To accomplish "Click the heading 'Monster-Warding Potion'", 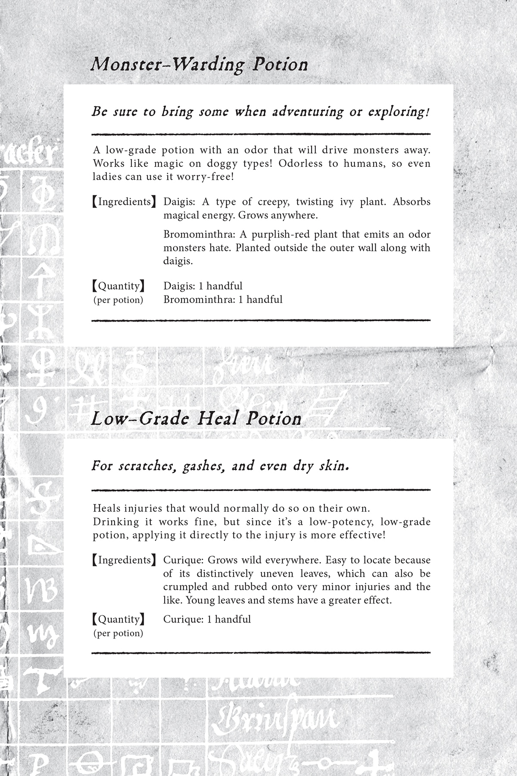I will click(199, 65).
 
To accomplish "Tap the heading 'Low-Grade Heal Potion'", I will click(196, 419).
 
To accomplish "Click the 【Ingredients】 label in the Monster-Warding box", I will click(124, 202).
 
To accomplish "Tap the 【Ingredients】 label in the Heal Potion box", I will click(124, 560).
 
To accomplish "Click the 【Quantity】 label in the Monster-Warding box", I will click(118, 286).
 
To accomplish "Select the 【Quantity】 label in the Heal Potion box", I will click(118, 619).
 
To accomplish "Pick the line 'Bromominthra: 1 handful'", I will click(223, 299).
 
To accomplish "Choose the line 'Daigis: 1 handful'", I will click(203, 286).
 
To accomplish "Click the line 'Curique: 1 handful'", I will click(207, 619).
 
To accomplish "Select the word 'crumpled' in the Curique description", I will click(182, 587).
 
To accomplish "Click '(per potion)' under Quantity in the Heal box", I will click(118, 633).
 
